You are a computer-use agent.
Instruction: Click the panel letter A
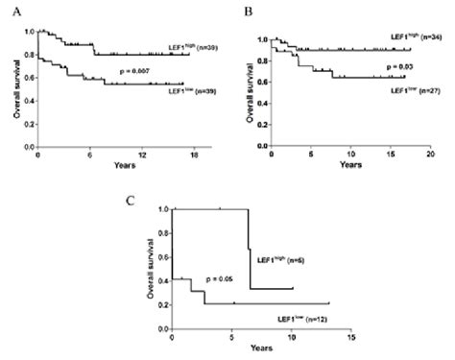pos(13,11)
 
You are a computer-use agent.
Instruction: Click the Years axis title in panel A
pos(103,167)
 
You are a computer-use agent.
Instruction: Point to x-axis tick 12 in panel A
pos(142,157)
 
